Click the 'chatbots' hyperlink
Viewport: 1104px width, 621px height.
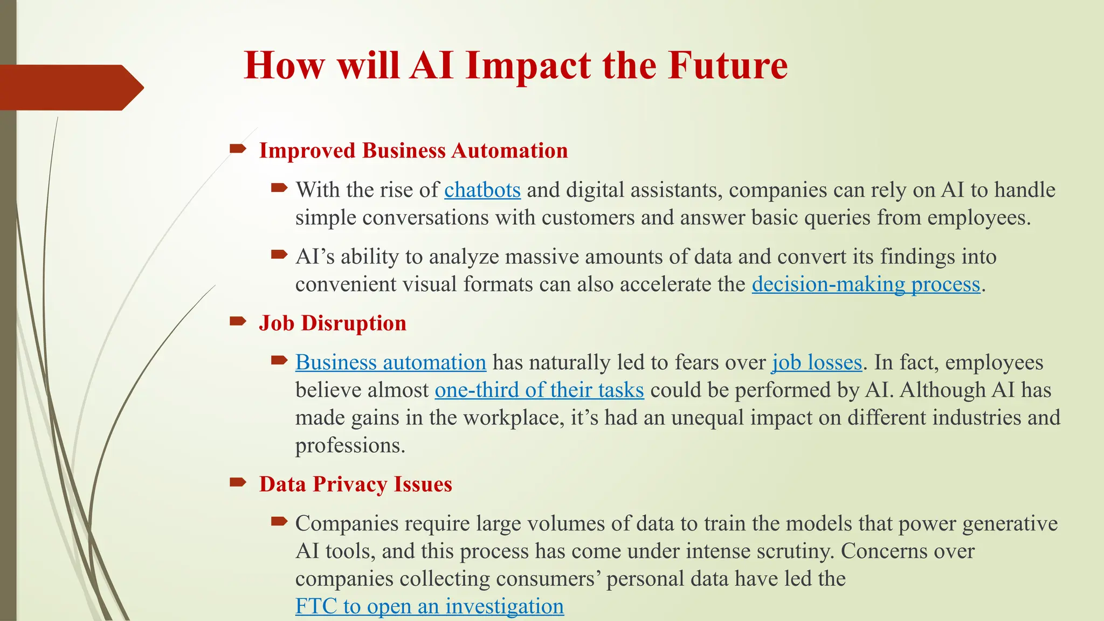click(x=482, y=190)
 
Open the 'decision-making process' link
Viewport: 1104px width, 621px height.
click(x=866, y=285)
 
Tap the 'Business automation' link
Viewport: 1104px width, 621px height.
click(x=390, y=363)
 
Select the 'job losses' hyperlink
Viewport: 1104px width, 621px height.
click(x=817, y=363)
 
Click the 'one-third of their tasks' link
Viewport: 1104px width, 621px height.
click(x=539, y=390)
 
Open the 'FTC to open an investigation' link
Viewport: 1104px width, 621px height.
click(x=429, y=606)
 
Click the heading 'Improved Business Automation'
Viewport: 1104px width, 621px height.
click(x=413, y=151)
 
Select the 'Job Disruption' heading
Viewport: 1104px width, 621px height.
click(x=333, y=323)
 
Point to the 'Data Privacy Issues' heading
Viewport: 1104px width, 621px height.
click(x=355, y=484)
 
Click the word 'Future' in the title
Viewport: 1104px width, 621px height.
click(x=727, y=66)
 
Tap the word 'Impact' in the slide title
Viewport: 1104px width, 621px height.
click(x=527, y=66)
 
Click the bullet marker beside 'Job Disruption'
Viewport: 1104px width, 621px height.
click(x=237, y=322)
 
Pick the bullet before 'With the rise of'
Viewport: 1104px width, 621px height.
click(x=279, y=188)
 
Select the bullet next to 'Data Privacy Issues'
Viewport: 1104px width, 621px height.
click(x=237, y=482)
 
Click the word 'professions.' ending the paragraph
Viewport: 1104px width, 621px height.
click(x=350, y=446)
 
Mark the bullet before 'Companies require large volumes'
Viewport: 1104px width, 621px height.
click(x=279, y=521)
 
